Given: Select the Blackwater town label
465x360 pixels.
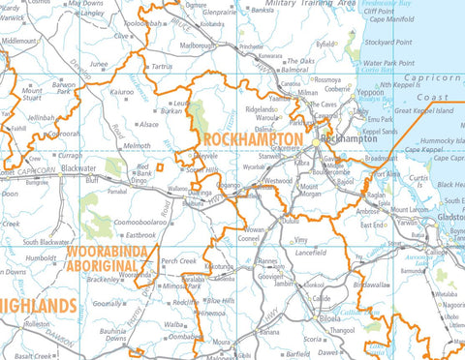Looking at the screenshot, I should point(77,167).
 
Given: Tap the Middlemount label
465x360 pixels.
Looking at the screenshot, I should point(19,42).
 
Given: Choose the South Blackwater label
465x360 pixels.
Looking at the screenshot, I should point(46,242).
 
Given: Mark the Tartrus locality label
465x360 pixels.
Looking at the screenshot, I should point(162,67).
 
